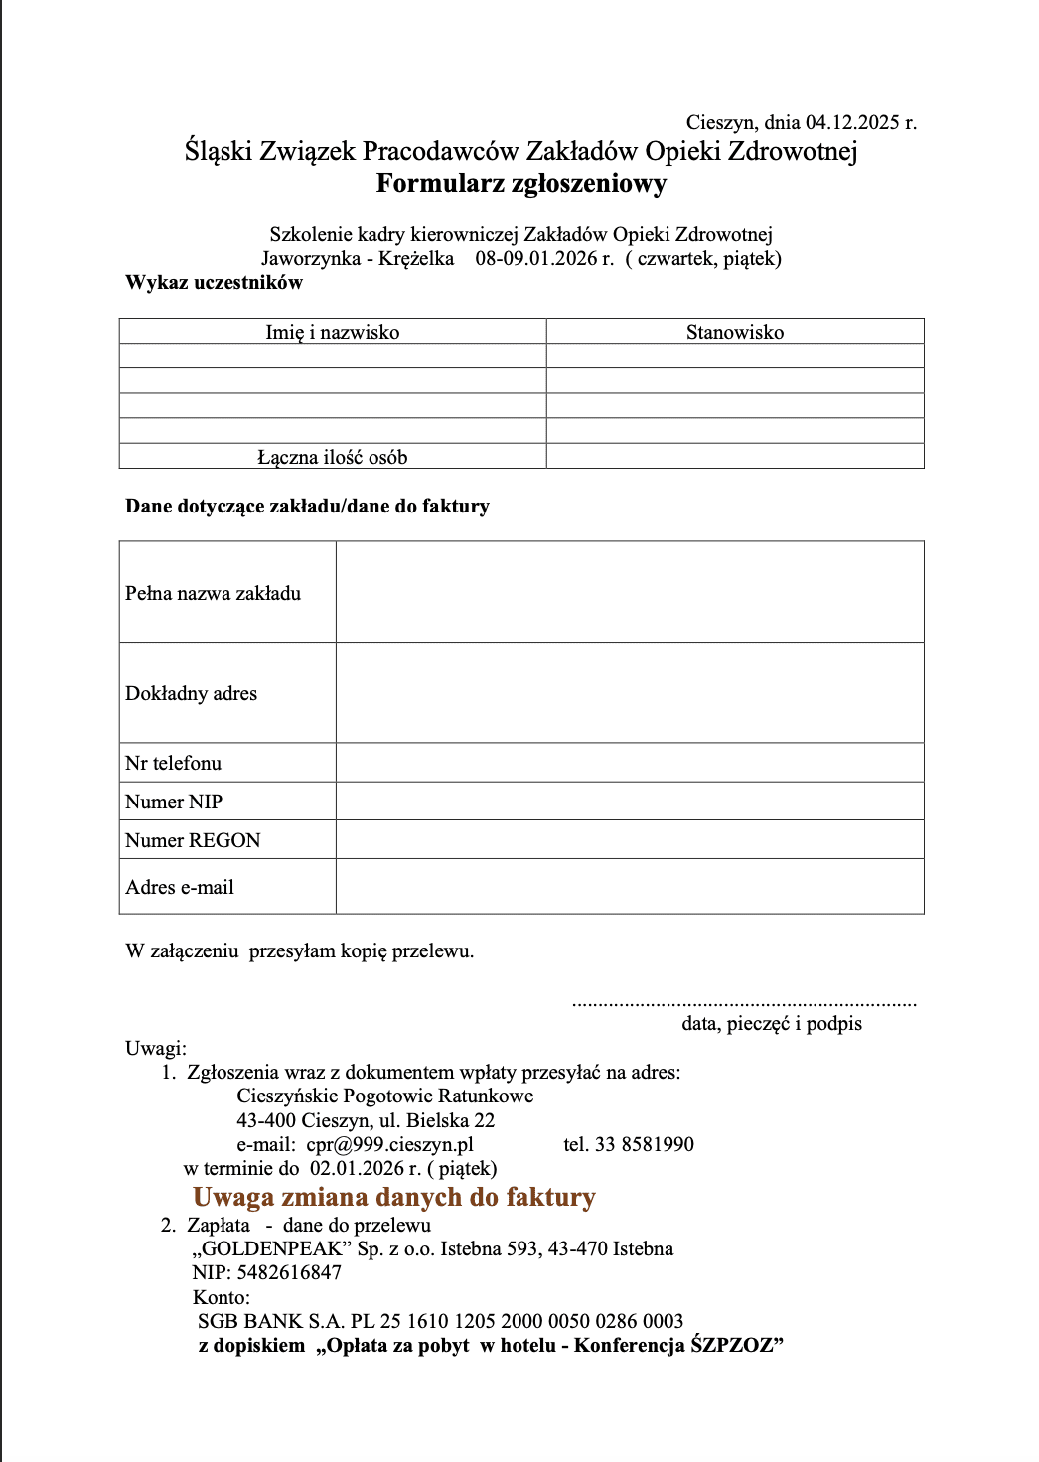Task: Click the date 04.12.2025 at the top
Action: pyautogui.click(x=852, y=123)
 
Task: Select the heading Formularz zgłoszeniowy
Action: pyautogui.click(x=520, y=184)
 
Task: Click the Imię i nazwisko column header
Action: pyautogui.click(x=332, y=333)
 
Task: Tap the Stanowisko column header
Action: pyautogui.click(x=735, y=333)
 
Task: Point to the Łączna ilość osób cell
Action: pyautogui.click(x=332, y=458)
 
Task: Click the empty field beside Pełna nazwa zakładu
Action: pyautogui.click(x=630, y=593)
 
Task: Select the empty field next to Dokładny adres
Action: pyautogui.click(x=630, y=693)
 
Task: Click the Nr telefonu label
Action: pyautogui.click(x=174, y=764)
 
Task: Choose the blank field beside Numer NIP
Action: pyautogui.click(x=630, y=802)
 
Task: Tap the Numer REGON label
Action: pyautogui.click(x=193, y=841)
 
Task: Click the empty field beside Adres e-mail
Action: pyautogui.click(x=630, y=887)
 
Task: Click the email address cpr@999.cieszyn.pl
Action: pyautogui.click(x=389, y=1145)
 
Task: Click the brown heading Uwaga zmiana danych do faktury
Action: pyautogui.click(x=393, y=1198)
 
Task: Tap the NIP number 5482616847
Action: pyautogui.click(x=289, y=1273)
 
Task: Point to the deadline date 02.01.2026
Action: pyautogui.click(x=352, y=1169)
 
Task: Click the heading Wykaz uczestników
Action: pyautogui.click(x=214, y=283)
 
